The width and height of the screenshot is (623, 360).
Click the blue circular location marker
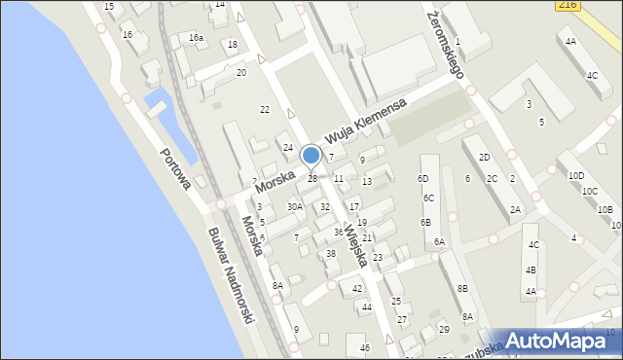coord(311,155)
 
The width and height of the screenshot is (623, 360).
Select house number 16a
coord(197,38)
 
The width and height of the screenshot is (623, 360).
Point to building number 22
coord(264,110)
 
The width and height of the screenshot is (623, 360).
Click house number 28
coord(312,179)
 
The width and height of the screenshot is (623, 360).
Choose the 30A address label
coord(294,207)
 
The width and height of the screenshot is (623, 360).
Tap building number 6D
coord(422,179)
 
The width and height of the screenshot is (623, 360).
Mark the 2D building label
coord(483,158)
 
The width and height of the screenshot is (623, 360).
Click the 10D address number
coord(576,176)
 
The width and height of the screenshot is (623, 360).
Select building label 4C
coord(592,75)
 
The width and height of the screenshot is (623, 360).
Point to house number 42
coord(357,289)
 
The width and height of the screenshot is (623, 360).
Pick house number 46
coord(365,348)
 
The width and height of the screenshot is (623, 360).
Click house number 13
coord(367,182)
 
